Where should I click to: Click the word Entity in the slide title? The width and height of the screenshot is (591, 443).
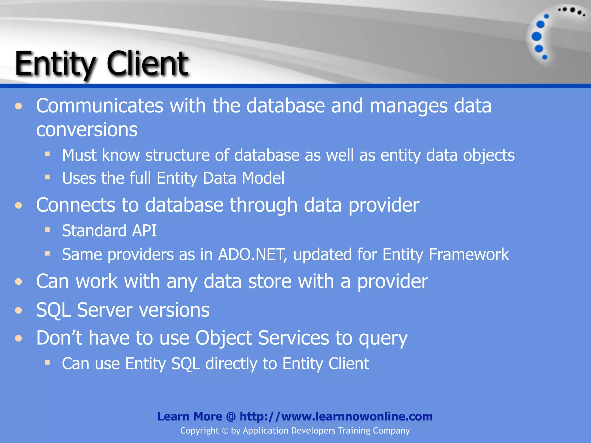point(55,64)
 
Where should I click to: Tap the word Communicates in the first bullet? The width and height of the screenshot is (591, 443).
point(100,106)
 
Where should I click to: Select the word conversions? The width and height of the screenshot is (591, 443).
point(87,129)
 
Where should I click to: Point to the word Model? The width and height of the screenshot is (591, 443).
point(263,178)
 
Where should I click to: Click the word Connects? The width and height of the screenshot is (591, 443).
point(75,205)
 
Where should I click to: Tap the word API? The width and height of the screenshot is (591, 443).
point(144,231)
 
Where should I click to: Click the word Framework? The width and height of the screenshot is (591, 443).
point(469,255)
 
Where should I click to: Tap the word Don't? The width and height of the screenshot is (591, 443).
point(59,338)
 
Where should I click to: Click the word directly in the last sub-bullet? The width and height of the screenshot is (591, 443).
point(231,363)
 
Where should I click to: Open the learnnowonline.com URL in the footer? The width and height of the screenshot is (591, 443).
point(336,416)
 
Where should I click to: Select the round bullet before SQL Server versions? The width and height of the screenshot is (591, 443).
point(19,310)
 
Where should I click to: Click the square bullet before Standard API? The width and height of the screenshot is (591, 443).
point(47,230)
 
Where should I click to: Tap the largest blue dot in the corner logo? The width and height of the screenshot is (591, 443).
point(536,37)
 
